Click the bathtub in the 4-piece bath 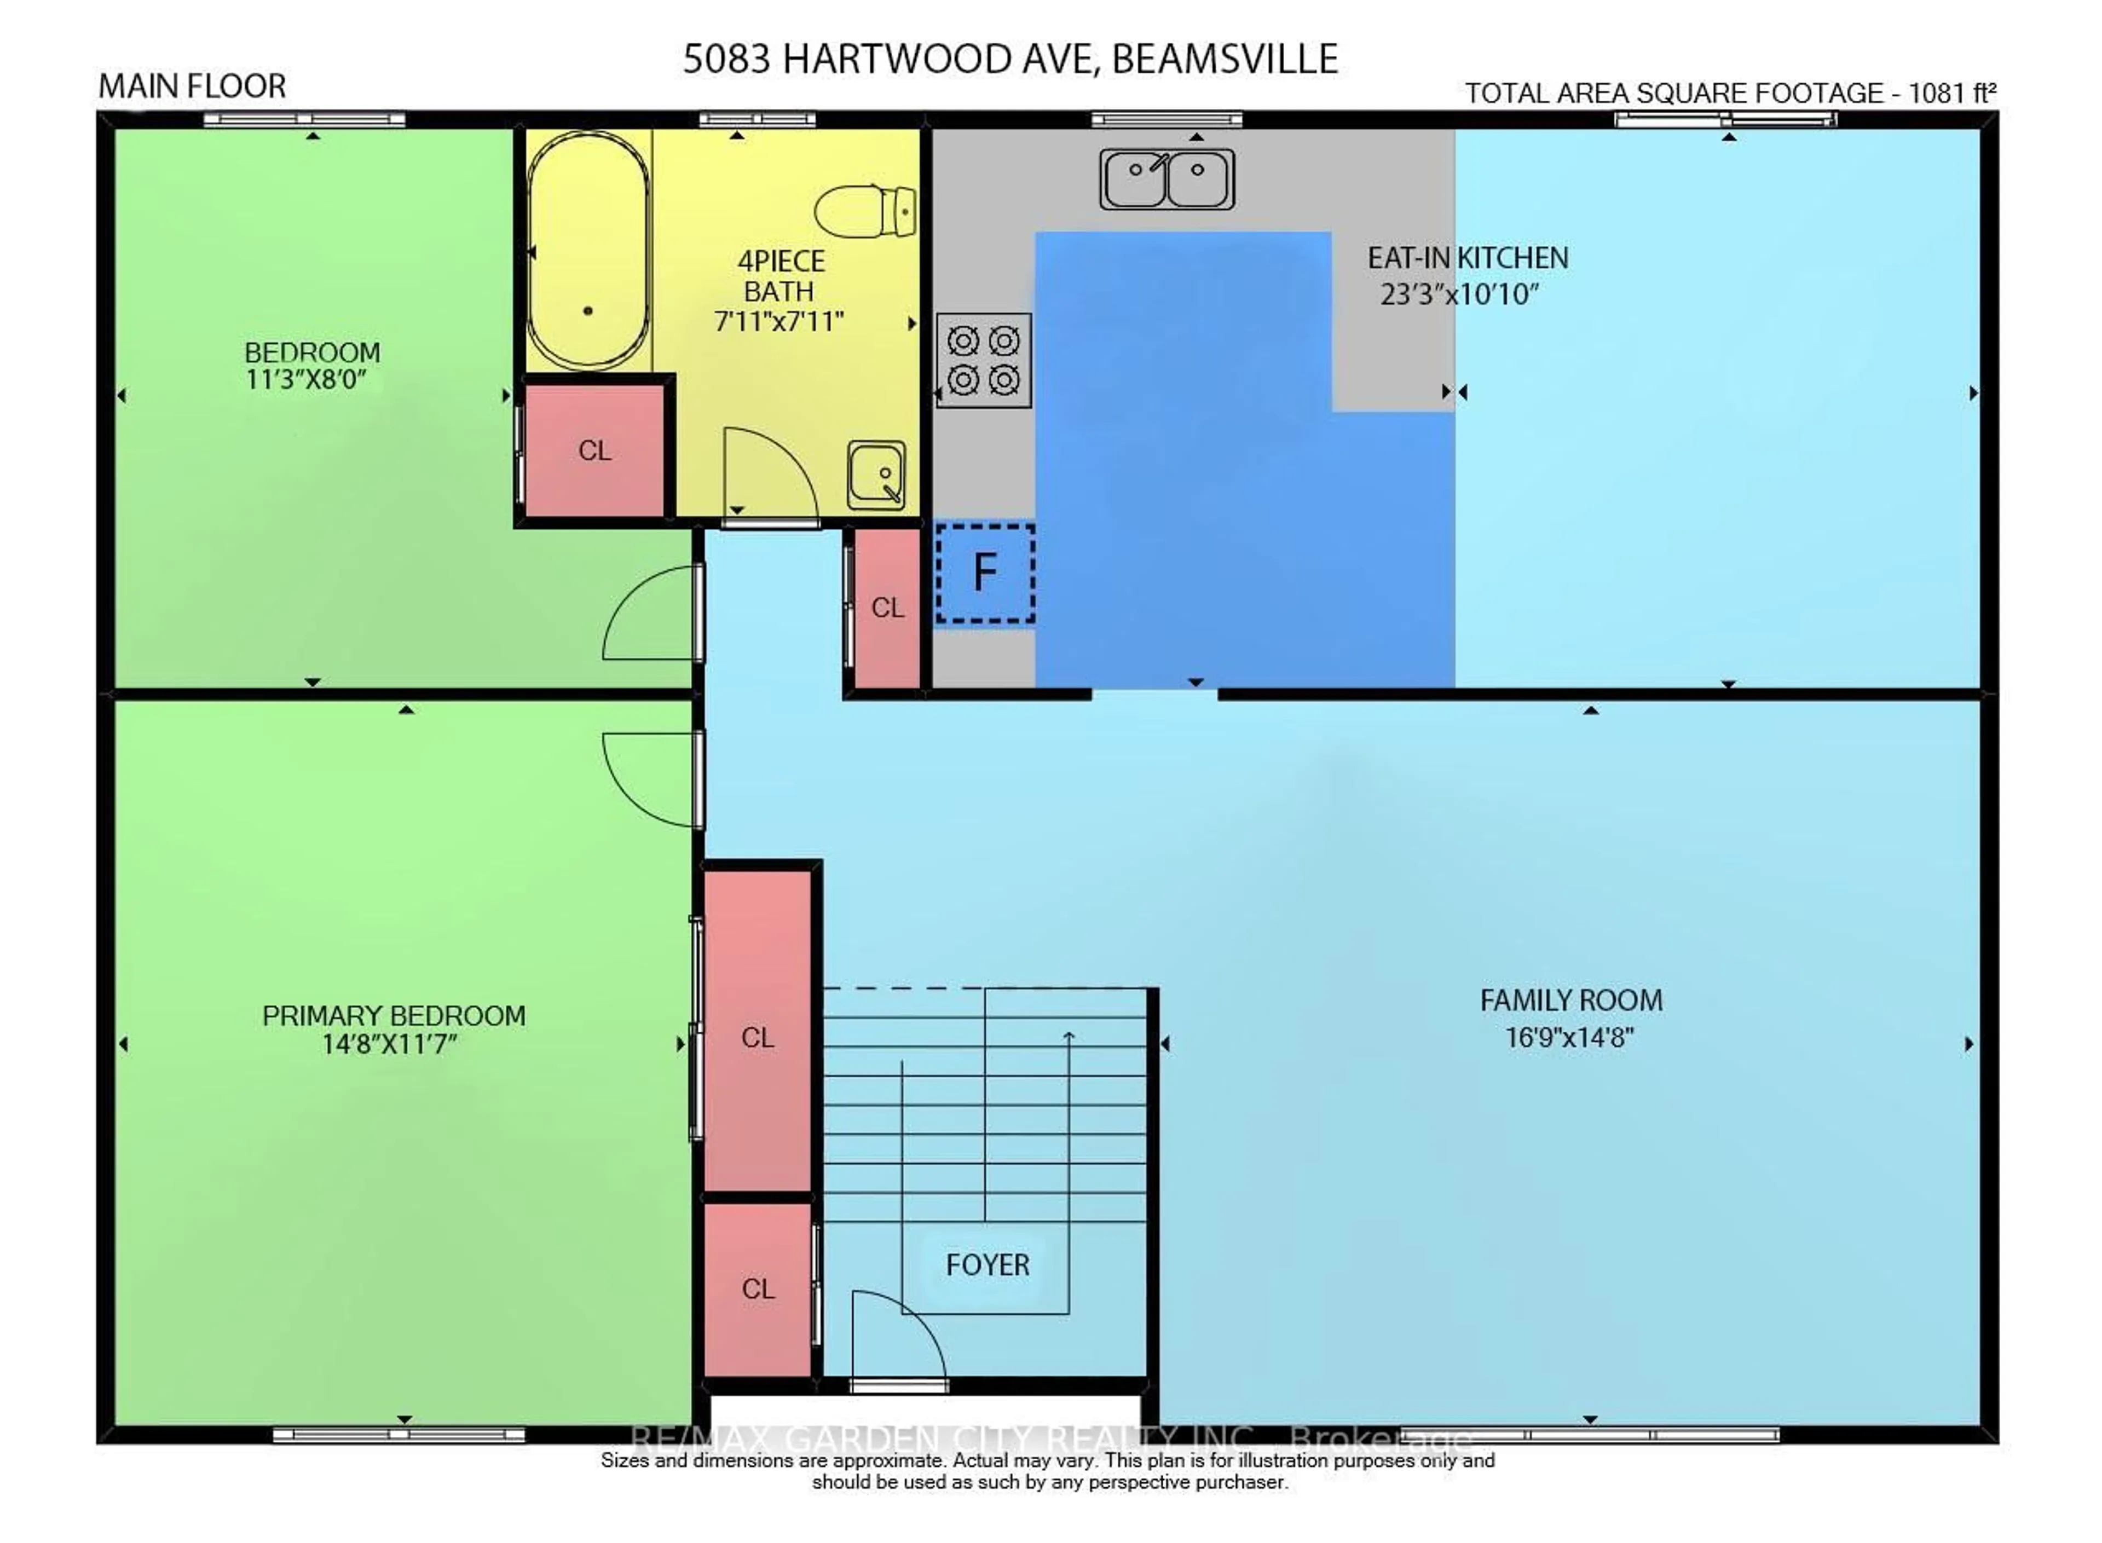[587, 250]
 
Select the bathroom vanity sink [876, 475]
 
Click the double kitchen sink [1167, 178]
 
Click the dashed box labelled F [985, 573]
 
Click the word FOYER [987, 1264]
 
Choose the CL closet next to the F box [887, 607]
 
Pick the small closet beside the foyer [757, 1288]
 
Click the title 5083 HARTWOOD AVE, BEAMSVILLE [1010, 59]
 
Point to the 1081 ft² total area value [1951, 94]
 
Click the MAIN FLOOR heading [192, 86]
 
